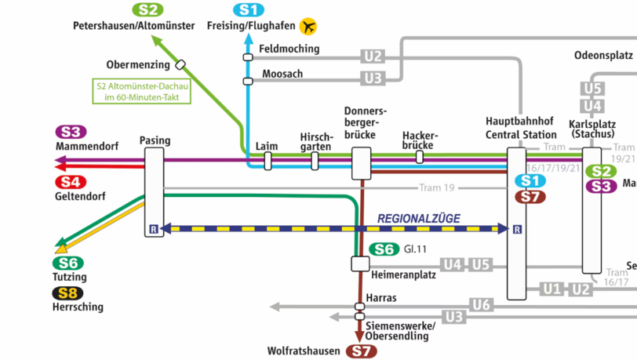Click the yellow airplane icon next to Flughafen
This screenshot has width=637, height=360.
(308, 27)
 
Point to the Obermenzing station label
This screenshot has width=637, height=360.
(138, 64)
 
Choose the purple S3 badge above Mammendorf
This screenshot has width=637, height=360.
(71, 132)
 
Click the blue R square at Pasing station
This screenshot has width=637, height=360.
(152, 230)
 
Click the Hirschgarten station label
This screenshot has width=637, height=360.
(316, 142)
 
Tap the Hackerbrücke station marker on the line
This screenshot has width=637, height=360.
(420, 157)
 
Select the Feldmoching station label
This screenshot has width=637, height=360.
(289, 49)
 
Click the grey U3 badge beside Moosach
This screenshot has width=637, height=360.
(373, 78)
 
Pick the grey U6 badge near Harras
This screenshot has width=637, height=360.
(482, 304)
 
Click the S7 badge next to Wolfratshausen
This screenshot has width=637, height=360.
(362, 351)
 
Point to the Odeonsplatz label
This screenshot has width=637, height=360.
(603, 55)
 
